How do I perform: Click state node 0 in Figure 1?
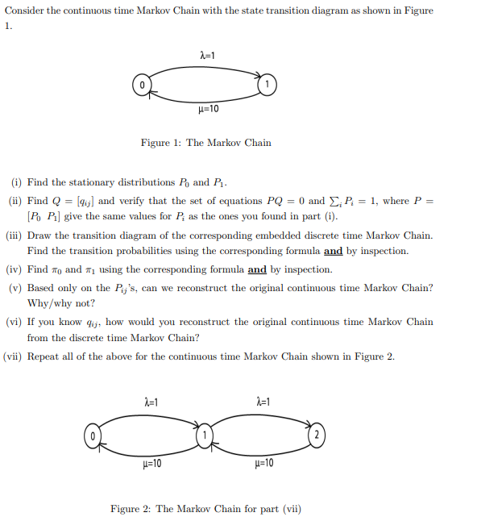click(141, 84)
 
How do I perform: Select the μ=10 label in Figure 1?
click(208, 109)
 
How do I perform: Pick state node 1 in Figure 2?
click(205, 436)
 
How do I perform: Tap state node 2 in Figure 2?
click(316, 436)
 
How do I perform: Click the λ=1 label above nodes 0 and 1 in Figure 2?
click(151, 402)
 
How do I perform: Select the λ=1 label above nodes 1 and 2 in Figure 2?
click(262, 402)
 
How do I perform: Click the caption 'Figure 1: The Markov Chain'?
click(205, 143)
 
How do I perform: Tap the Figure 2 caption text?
click(205, 509)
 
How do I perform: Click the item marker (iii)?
click(14, 235)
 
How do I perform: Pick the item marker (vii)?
click(13, 356)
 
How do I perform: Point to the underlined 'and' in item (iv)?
click(258, 269)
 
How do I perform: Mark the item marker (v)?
click(15, 288)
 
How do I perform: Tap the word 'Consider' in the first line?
click(23, 10)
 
